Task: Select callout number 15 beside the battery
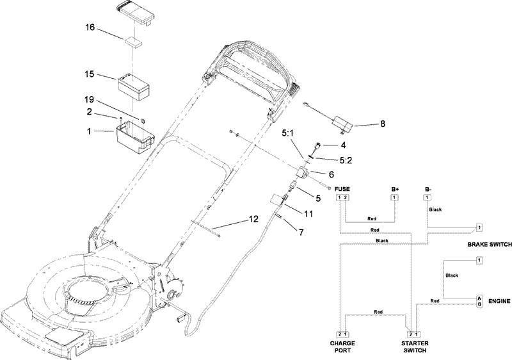(90, 74)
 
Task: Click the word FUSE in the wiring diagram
(343, 190)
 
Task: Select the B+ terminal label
(395, 190)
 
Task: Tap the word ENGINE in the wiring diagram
(498, 300)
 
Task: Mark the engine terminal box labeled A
(478, 298)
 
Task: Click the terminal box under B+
(394, 197)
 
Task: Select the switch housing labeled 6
(302, 173)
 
